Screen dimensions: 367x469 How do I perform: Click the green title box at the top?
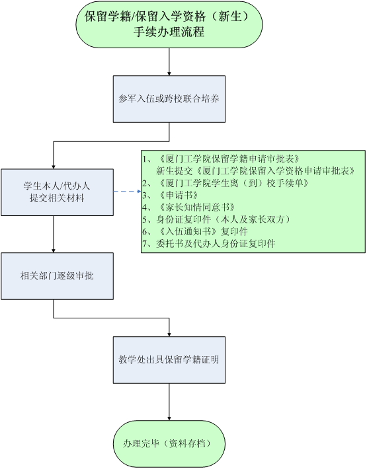coord(169,24)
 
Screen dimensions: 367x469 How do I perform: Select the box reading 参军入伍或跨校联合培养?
coord(169,99)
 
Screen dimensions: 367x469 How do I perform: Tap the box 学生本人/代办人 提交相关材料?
coord(57,192)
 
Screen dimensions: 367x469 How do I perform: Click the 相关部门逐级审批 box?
coord(57,276)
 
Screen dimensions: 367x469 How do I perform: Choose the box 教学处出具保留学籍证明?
coord(169,360)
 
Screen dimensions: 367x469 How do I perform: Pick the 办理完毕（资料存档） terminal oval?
coord(169,444)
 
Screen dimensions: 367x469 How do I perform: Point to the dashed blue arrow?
coord(127,192)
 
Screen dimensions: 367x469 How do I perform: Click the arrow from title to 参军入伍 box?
coord(169,61)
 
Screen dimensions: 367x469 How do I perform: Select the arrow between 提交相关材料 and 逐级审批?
coord(54,234)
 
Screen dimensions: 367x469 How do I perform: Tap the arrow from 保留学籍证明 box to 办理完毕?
coord(169,402)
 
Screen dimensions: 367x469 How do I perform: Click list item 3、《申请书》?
coord(171,196)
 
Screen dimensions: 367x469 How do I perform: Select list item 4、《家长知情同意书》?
coord(188,207)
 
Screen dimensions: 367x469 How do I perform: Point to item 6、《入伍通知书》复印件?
coord(195,231)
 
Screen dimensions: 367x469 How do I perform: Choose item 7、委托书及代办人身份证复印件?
coord(209,244)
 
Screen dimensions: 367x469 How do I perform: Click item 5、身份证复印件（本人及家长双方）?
coord(217,219)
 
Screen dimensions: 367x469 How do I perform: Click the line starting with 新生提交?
coord(256,171)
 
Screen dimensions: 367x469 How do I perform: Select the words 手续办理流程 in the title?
coord(169,32)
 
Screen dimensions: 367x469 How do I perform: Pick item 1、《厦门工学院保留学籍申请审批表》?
coord(222,159)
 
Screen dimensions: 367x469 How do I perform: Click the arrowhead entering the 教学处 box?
coord(169,334)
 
